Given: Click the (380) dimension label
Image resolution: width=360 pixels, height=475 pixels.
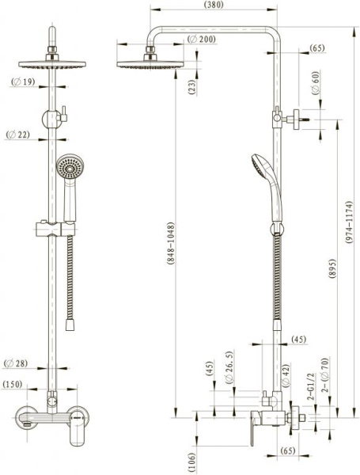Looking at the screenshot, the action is pyautogui.click(x=214, y=5).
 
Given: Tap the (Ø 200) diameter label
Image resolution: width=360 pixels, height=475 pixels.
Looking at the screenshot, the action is pyautogui.click(x=201, y=39).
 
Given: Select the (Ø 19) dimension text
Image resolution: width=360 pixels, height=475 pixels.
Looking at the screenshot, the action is pyautogui.click(x=23, y=82).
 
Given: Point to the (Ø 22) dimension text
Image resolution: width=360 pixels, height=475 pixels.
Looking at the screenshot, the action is pyautogui.click(x=18, y=135).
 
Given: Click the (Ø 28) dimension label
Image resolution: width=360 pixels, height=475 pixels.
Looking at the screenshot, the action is pyautogui.click(x=16, y=363).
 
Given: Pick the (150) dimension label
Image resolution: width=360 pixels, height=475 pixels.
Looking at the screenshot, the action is pyautogui.click(x=13, y=385).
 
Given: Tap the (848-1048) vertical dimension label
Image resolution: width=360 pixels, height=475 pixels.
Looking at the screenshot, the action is pyautogui.click(x=171, y=244).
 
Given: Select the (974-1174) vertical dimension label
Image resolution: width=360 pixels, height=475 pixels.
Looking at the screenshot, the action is pyautogui.click(x=349, y=222).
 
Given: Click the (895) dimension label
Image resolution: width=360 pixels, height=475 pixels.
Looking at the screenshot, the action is pyautogui.click(x=332, y=268).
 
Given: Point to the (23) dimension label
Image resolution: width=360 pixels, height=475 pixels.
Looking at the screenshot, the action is pyautogui.click(x=192, y=86).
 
